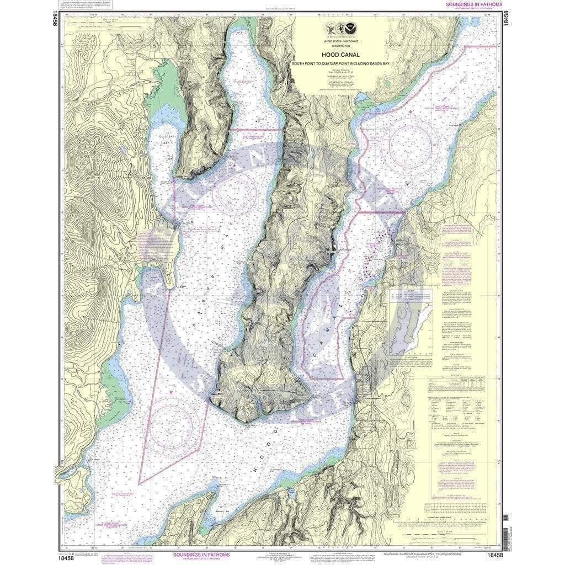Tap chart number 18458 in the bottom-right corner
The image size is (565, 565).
pos(494,555)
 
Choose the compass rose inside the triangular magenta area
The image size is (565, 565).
pos(171,425)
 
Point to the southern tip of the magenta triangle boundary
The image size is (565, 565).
pos(138,484)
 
